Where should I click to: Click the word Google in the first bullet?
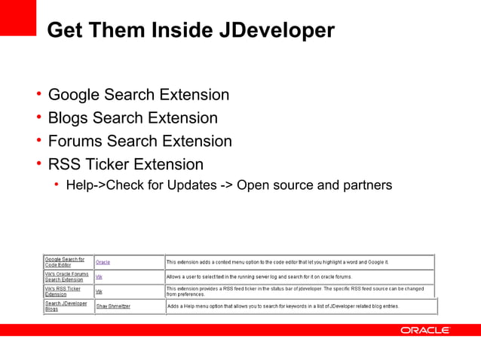pyautogui.click(x=75, y=95)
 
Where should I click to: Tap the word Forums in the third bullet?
pyautogui.click(x=75, y=141)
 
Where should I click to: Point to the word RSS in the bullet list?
pyautogui.click(x=64, y=164)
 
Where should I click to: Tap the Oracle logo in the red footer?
pyautogui.click(x=425, y=330)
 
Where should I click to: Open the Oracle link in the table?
pyautogui.click(x=103, y=262)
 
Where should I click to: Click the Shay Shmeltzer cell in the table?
pyautogui.click(x=113, y=307)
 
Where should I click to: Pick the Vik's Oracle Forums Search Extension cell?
pyautogui.click(x=66, y=277)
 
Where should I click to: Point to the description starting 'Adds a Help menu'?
pyautogui.click(x=283, y=307)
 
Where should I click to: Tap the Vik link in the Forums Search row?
pyautogui.click(x=99, y=277)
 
